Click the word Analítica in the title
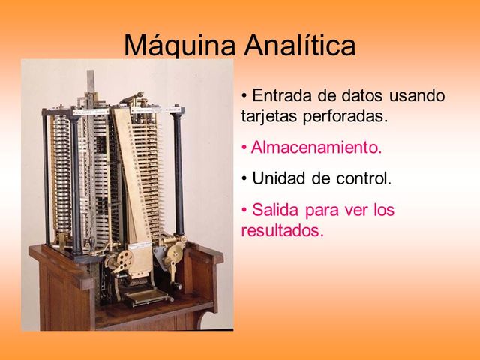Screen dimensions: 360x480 coord(300,46)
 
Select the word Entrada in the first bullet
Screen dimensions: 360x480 coord(282,96)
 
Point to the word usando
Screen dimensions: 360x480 coord(416,96)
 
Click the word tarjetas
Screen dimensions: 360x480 coord(268,117)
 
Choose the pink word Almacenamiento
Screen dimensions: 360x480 coord(316,148)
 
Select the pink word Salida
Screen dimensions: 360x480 coord(276,210)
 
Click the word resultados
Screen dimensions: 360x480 coord(282,230)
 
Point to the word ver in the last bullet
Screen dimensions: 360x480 coord(351,210)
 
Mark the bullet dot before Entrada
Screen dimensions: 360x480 coord(245,96)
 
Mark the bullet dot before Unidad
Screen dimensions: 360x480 coord(245,179)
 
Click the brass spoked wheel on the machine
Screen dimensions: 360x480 coord(123,259)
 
